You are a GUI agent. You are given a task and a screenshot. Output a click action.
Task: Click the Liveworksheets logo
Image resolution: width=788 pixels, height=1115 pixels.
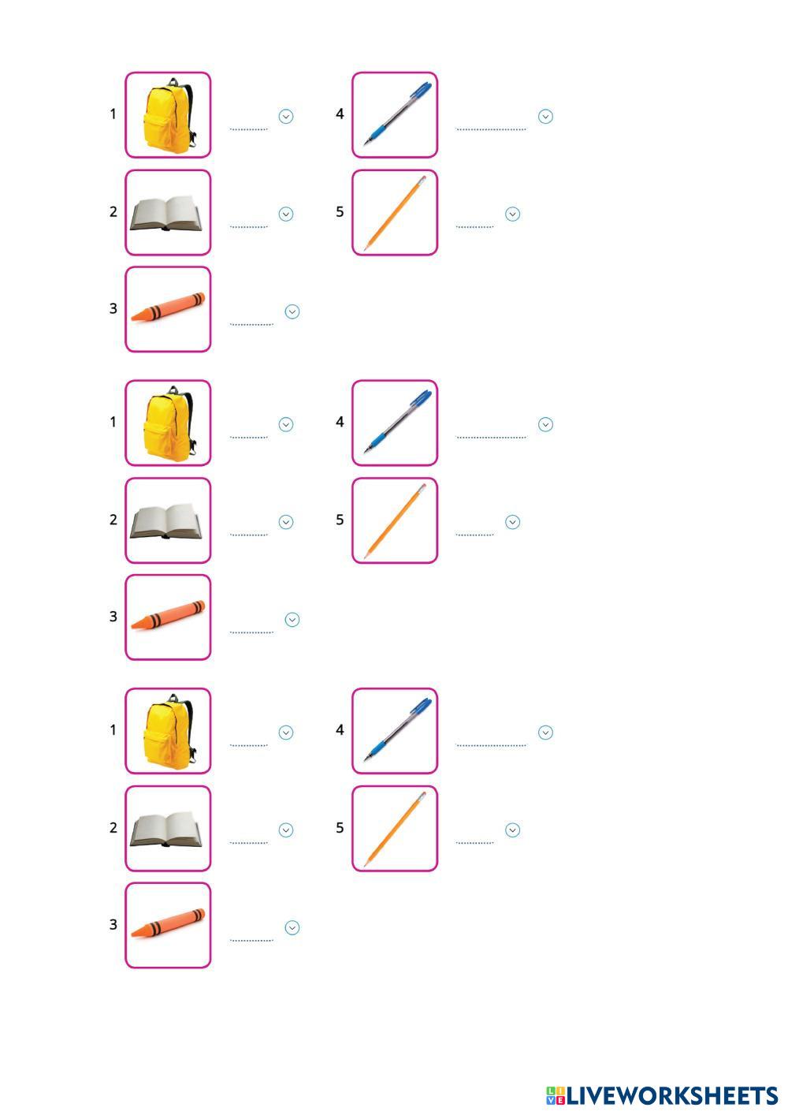661,1095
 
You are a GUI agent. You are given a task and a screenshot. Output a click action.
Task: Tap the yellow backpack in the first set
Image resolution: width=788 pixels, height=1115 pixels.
168,115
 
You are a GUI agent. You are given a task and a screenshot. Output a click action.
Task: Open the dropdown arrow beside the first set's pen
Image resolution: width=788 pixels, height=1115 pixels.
545,117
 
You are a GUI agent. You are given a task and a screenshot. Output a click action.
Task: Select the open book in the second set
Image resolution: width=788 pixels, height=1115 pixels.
167,521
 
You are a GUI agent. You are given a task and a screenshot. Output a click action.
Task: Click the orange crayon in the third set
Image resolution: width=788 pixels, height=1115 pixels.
168,924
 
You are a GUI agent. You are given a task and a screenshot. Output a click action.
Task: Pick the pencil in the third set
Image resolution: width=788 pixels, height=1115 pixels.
395,828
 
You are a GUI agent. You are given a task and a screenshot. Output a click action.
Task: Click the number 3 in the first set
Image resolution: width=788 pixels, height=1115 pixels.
113,308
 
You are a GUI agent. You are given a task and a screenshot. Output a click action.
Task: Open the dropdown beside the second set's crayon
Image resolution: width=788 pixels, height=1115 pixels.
292,620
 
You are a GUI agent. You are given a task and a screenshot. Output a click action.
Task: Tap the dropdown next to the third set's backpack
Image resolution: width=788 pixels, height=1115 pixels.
286,733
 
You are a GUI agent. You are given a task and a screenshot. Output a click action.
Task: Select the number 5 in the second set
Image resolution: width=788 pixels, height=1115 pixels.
340,520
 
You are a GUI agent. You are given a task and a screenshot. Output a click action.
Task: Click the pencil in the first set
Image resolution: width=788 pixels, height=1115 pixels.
395,212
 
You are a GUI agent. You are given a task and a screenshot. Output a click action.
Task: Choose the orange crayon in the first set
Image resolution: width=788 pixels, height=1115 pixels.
168,308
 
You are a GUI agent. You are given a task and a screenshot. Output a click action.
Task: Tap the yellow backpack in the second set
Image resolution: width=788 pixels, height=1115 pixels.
168,423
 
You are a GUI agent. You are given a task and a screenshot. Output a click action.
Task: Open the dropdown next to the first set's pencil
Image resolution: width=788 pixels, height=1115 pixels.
512,214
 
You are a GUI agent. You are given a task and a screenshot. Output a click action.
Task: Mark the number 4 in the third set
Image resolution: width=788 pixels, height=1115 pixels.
340,730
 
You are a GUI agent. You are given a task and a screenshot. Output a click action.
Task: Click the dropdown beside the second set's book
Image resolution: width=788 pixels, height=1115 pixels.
286,522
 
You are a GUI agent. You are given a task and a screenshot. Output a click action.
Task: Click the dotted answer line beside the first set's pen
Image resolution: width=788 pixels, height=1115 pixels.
491,128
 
